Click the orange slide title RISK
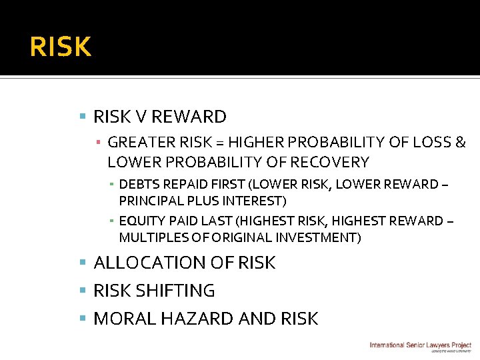[x=61, y=47]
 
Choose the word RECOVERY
[x=325, y=162]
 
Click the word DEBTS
[x=138, y=184]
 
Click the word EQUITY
[x=141, y=221]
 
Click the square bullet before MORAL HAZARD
[x=83, y=319]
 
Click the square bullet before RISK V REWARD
[x=83, y=117]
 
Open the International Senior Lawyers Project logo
[x=420, y=346]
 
